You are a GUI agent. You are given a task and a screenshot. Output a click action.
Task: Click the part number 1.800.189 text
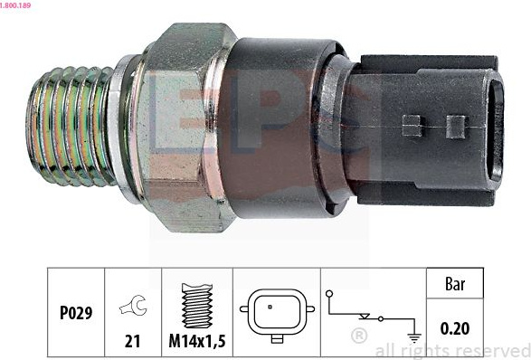[x=15, y=5]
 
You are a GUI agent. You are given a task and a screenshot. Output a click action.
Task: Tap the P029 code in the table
[x=76, y=313]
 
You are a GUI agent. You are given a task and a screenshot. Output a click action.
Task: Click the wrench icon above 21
[x=133, y=305]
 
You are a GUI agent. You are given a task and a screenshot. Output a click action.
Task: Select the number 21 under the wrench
[x=132, y=341]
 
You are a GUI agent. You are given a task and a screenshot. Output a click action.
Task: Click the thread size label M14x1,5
[x=197, y=341]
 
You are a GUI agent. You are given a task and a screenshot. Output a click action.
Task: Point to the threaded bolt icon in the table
[x=197, y=306]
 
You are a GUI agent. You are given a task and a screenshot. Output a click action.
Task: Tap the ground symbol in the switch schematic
[x=414, y=337]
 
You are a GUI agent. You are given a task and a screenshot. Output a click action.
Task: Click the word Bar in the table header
[x=455, y=284]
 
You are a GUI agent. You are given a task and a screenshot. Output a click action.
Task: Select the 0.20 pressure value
[x=455, y=328]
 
